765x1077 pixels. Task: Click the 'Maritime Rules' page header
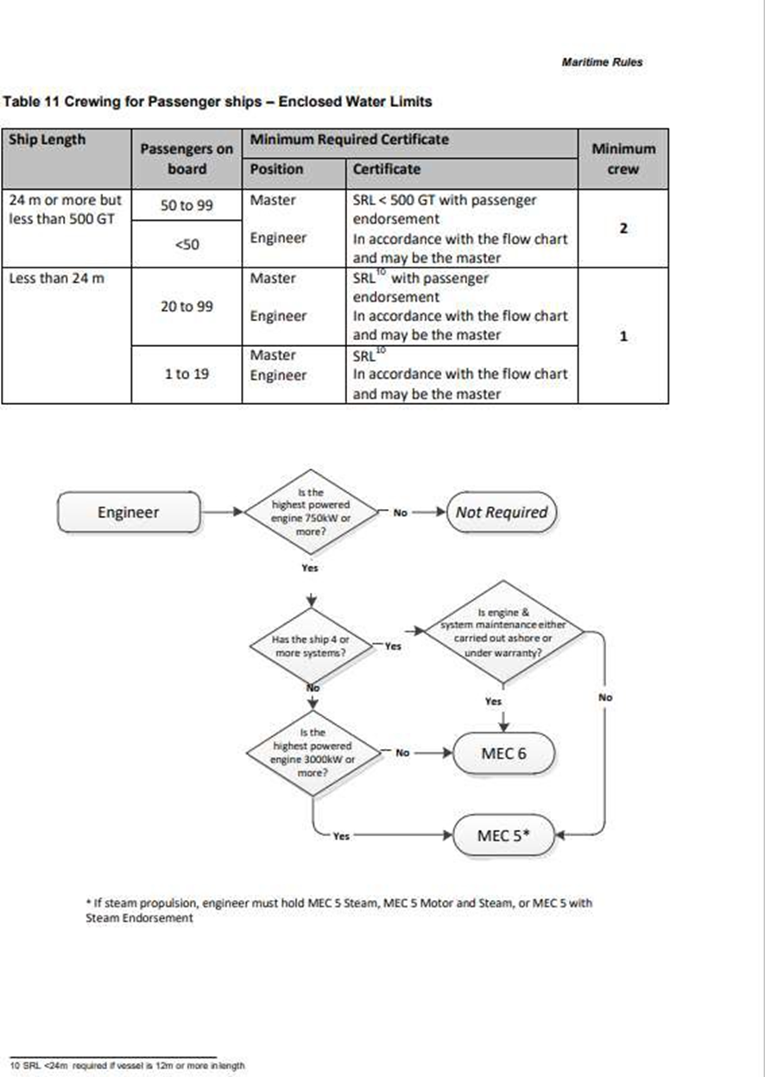point(601,62)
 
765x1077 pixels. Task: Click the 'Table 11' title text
point(217,102)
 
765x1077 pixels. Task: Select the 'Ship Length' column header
point(47,139)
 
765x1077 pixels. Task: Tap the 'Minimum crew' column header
point(623,159)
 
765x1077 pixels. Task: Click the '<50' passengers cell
point(187,244)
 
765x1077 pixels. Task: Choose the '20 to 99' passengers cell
point(187,306)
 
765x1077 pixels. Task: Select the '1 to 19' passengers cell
point(187,375)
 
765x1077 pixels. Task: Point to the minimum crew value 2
point(623,229)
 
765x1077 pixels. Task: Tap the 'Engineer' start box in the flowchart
point(129,512)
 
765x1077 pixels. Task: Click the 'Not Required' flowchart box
point(502,512)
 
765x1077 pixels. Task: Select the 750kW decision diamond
point(310,512)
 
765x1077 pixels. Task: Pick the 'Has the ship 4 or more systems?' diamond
point(310,646)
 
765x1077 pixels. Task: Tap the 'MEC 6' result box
point(503,753)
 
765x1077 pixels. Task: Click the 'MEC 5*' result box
point(503,835)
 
